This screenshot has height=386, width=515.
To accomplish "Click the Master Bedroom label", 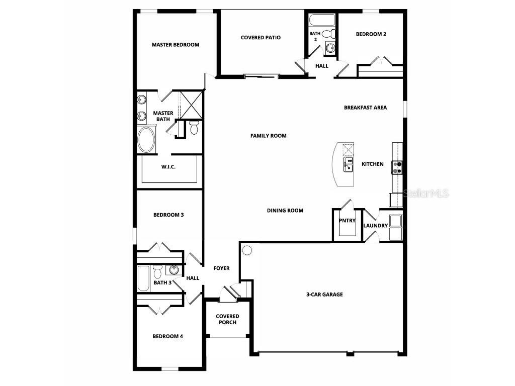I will [x=176, y=45].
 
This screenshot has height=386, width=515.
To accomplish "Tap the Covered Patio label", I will [x=261, y=38].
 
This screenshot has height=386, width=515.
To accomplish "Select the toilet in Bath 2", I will [x=328, y=35].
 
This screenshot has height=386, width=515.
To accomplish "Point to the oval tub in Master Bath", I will [x=147, y=140].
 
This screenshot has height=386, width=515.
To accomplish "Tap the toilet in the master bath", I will [x=194, y=128].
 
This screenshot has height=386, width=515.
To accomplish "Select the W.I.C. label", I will [x=168, y=167].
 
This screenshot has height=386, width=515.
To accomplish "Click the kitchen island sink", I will [x=348, y=163].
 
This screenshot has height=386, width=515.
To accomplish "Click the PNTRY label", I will [x=347, y=221].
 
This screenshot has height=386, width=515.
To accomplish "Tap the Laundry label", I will [x=375, y=226].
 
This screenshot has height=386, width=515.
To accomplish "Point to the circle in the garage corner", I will [x=247, y=250].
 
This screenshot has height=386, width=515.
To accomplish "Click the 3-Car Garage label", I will [x=324, y=295].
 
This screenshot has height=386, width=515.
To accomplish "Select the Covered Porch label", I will [x=227, y=319].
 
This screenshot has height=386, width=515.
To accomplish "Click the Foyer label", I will [x=221, y=268].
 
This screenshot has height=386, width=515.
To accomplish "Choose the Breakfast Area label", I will [x=365, y=108].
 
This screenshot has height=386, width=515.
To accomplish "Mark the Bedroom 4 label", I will [x=167, y=336].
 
